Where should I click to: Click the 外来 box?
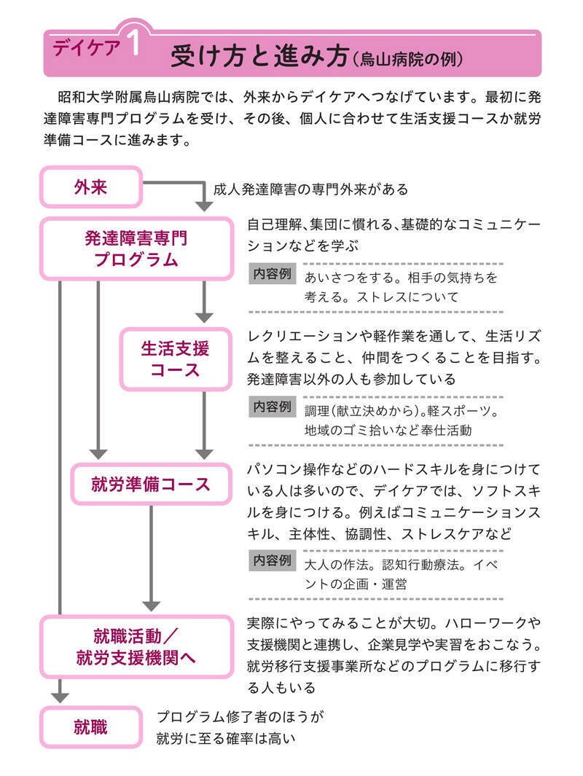(x=90, y=188)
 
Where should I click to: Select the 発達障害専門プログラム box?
(x=136, y=248)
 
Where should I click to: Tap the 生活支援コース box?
(x=175, y=358)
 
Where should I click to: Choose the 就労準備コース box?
(x=151, y=485)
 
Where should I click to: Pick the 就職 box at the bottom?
(x=90, y=726)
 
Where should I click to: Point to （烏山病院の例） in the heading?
(x=409, y=58)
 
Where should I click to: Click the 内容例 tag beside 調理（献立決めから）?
(x=273, y=407)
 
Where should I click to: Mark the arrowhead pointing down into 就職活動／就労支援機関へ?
(x=151, y=604)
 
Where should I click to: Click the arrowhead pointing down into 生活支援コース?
(x=204, y=316)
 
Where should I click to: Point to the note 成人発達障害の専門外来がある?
(x=310, y=189)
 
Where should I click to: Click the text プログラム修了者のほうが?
(x=240, y=717)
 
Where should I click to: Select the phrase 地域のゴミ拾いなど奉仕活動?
(x=388, y=430)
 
